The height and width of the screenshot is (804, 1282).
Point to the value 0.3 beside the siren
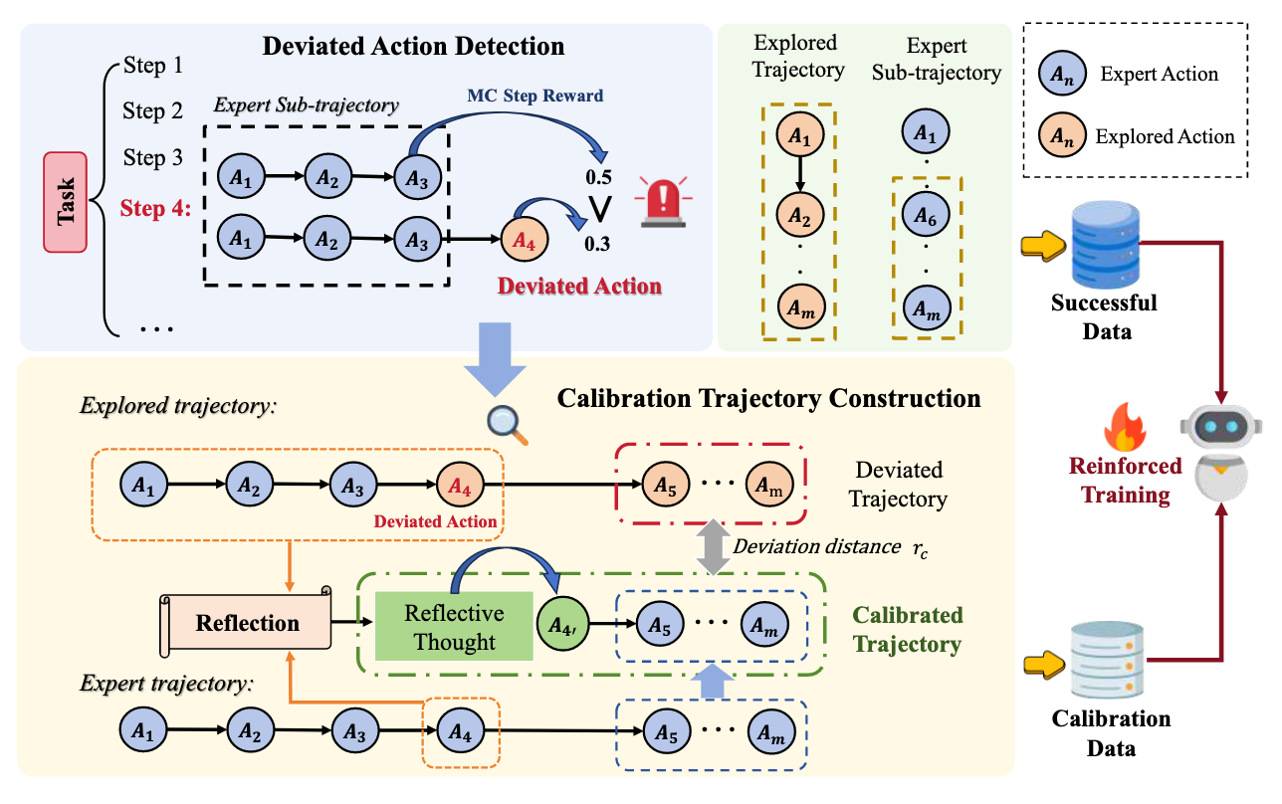pyautogui.click(x=597, y=242)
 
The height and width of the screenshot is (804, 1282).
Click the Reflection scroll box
pyautogui.click(x=246, y=624)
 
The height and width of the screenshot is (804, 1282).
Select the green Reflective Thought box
pyautogui.click(x=454, y=628)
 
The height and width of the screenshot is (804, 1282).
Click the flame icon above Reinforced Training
pyautogui.click(x=1126, y=431)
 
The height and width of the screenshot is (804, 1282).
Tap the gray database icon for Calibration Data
pyautogui.click(x=1104, y=660)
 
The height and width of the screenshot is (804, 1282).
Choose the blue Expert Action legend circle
pyautogui.click(x=1062, y=73)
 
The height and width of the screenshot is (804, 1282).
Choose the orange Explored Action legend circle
pyautogui.click(x=1062, y=136)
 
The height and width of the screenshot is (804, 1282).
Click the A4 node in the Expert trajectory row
pyautogui.click(x=458, y=729)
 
